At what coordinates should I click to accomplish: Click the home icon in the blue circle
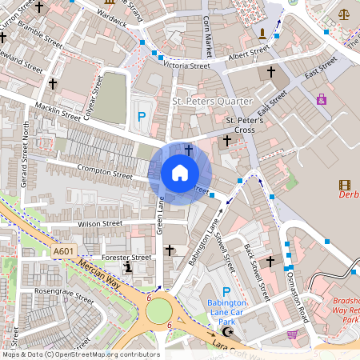(x=180, y=173)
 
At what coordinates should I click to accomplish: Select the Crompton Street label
(x=105, y=170)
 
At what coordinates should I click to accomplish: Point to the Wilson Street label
(x=99, y=224)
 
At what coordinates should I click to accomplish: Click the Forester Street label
(x=127, y=258)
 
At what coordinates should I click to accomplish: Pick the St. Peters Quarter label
(x=212, y=102)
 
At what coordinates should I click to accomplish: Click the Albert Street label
(x=249, y=53)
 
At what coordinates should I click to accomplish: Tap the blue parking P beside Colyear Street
(x=142, y=117)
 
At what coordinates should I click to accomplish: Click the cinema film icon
(x=345, y=185)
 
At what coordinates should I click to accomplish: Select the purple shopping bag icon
(x=322, y=99)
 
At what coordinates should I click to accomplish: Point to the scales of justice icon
(x=345, y=14)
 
